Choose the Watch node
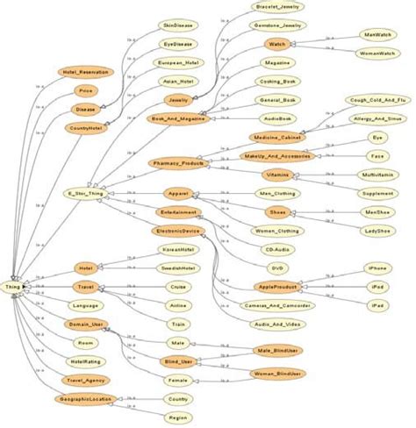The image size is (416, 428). pos(277,43)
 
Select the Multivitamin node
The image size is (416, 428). pos(377,175)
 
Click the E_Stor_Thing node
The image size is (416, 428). pos(83,192)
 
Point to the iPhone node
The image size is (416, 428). pos(378,267)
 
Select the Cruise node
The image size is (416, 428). pos(178,286)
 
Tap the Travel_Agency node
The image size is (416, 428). pos(83,380)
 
